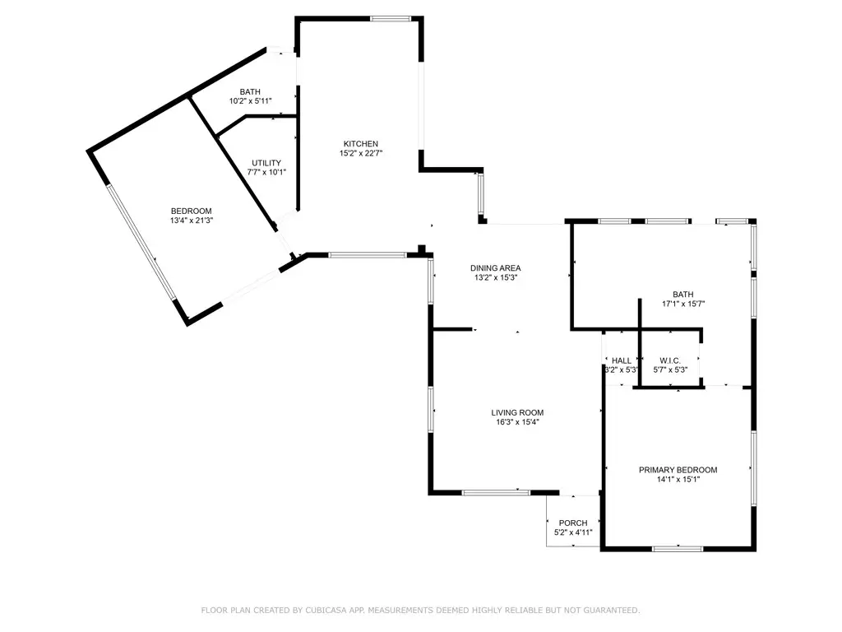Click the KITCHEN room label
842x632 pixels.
click(360, 144)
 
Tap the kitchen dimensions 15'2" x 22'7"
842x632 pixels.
click(360, 153)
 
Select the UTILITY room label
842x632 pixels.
click(266, 163)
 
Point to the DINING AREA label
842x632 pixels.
click(495, 267)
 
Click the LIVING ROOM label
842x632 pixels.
click(517, 413)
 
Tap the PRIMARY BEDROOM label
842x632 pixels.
click(678, 470)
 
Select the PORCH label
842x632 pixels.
click(573, 523)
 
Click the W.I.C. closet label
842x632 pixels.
click(669, 360)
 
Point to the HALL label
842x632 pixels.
click(622, 360)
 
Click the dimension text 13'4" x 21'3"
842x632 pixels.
click(191, 221)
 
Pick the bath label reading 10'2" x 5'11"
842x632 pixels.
click(250, 100)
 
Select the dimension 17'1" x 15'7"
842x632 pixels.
click(683, 304)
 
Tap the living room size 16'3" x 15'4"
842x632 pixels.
click(517, 422)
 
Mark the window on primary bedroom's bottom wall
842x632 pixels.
click(678, 548)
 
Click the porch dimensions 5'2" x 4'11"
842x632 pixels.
click(573, 532)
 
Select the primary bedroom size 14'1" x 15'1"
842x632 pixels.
click(678, 479)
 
